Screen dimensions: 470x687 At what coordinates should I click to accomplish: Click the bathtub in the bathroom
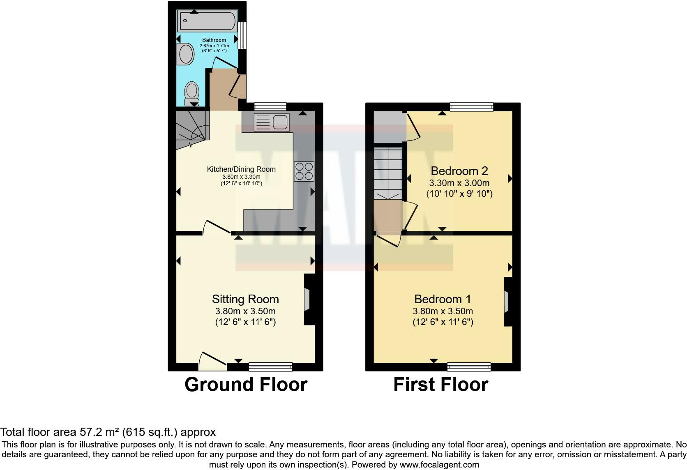(207, 21)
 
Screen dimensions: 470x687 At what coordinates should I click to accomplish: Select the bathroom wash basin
(186, 55)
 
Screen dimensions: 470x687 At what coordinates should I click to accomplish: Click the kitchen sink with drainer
(272, 122)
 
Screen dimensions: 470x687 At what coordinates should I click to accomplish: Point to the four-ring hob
(304, 171)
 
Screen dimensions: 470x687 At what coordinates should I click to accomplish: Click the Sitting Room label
(245, 300)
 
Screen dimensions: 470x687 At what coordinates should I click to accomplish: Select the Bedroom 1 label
(443, 299)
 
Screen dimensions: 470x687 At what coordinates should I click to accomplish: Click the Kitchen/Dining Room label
(241, 169)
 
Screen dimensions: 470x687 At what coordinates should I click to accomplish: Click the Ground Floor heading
(246, 385)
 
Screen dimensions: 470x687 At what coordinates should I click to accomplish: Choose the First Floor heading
(440, 385)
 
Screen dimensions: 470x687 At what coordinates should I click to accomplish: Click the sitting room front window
(270, 366)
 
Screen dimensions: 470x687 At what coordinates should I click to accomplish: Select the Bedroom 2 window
(471, 107)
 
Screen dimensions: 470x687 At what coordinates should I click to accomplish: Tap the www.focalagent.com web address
(439, 465)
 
